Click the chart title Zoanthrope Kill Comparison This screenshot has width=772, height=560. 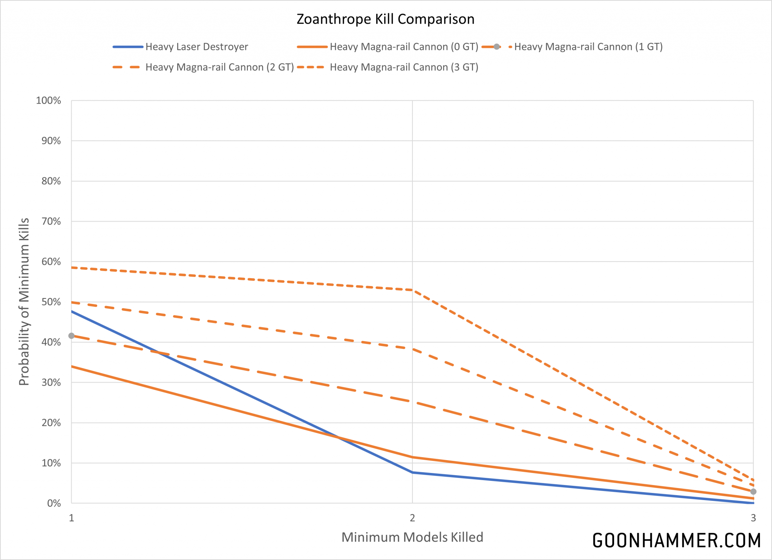tap(385, 19)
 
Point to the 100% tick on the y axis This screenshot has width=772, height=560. tap(49, 101)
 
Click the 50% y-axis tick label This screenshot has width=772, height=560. tap(51, 302)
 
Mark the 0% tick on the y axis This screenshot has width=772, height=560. tap(54, 503)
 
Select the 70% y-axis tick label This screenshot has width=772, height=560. tap(51, 221)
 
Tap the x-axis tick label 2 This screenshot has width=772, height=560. tap(412, 518)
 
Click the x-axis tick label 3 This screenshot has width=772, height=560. tap(753, 518)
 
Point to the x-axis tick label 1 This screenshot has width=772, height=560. tap(72, 518)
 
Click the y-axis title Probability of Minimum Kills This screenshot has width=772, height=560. tap(24, 301)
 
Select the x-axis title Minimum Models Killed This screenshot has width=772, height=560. tap(412, 537)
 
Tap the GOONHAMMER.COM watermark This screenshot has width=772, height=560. tap(676, 540)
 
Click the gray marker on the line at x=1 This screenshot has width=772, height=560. tap(72, 336)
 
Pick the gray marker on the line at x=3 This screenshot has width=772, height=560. tap(753, 491)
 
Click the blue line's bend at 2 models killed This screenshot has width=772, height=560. tap(412, 472)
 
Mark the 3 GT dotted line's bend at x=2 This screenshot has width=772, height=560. tap(412, 290)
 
